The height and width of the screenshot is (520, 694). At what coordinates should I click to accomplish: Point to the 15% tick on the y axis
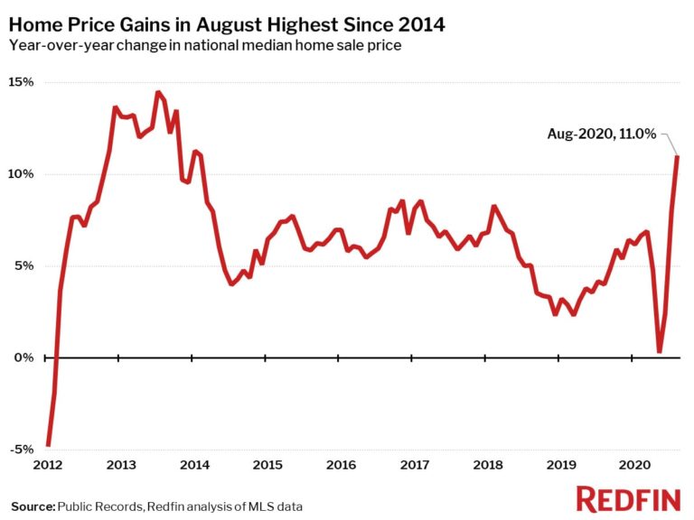[22, 82]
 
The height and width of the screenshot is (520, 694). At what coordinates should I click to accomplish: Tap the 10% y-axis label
[22, 174]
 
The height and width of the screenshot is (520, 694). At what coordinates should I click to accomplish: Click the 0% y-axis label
[25, 358]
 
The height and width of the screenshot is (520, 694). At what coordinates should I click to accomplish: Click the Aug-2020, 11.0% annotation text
[601, 134]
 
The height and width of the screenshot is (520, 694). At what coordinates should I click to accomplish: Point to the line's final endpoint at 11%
[678, 157]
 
